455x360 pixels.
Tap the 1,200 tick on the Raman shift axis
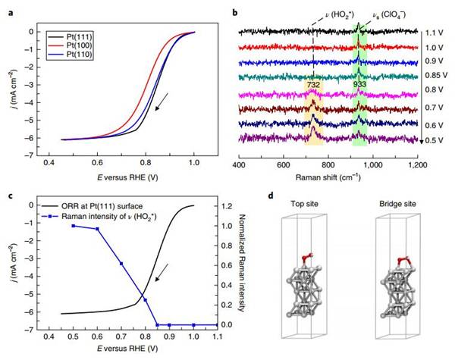coord(419,164)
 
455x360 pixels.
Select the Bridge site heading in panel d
coord(394,205)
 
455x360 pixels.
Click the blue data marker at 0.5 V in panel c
coord(74,226)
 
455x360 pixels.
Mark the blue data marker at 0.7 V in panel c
coord(121,263)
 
